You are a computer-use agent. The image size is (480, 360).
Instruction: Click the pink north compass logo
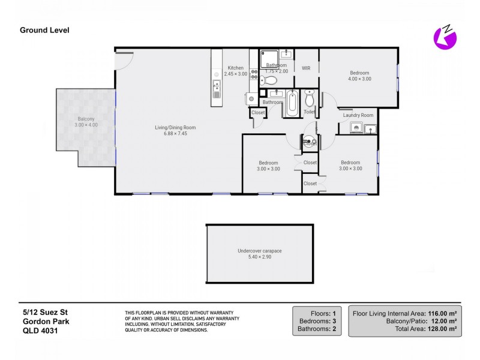[x=445, y=38]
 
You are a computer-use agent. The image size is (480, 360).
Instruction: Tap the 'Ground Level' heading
[x=44, y=30]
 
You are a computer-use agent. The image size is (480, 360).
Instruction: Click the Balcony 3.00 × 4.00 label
[x=86, y=122]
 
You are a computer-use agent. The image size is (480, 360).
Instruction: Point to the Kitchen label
[x=235, y=71]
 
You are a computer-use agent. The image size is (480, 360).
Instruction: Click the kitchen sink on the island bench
[x=217, y=91]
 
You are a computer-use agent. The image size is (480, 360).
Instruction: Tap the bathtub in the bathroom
[x=292, y=103]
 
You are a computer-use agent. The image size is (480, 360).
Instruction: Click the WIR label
[x=306, y=68]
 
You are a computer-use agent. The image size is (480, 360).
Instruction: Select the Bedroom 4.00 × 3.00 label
[x=360, y=76]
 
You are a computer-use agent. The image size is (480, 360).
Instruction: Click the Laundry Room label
[x=358, y=115]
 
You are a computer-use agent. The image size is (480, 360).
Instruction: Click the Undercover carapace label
[x=260, y=254]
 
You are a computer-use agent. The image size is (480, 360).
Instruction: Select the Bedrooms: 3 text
[x=317, y=321]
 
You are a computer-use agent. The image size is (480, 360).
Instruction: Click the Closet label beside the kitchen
[x=258, y=112]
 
